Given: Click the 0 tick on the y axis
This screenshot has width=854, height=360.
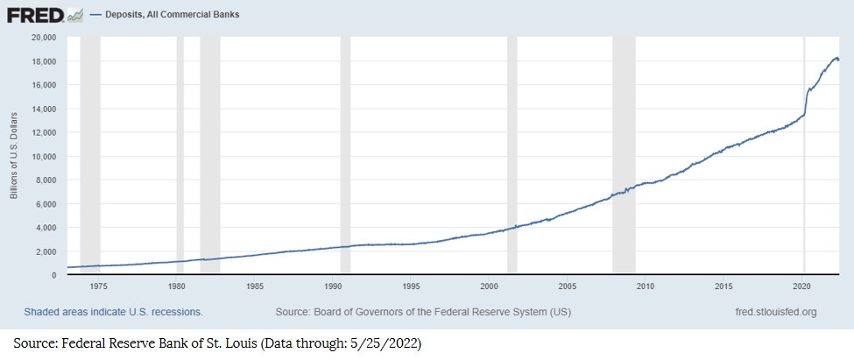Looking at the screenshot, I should click(x=53, y=275).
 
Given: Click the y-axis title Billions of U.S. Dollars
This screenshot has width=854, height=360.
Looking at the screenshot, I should click(x=15, y=155).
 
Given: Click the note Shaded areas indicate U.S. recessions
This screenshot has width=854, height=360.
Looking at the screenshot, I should click(x=113, y=312).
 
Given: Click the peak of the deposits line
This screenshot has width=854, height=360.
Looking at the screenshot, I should click(x=836, y=58).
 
